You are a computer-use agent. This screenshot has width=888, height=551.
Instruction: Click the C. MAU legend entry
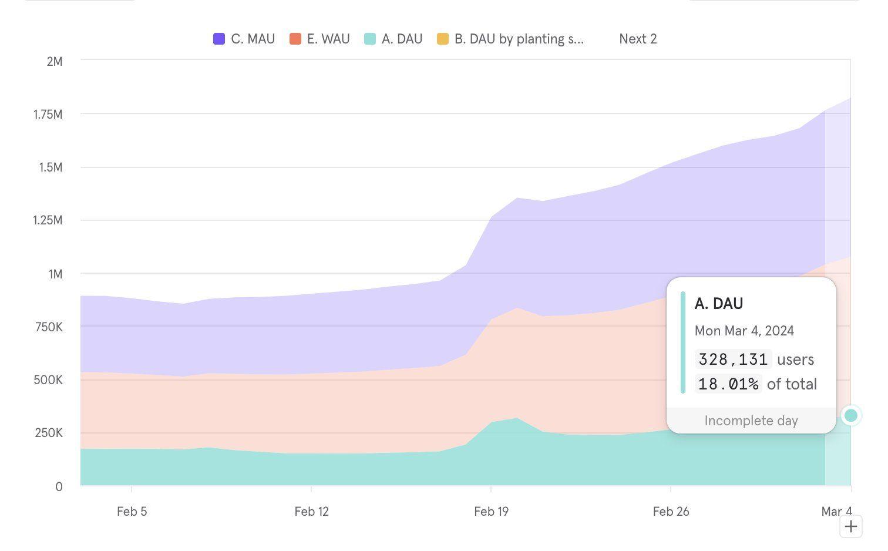click(244, 39)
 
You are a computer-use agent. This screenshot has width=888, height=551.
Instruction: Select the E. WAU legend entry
click(320, 39)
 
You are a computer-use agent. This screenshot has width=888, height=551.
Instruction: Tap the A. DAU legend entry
click(394, 39)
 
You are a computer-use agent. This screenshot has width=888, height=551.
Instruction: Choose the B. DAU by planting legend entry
click(511, 39)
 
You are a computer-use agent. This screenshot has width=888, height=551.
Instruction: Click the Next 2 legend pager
click(638, 39)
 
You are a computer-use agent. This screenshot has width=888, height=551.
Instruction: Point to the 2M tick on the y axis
click(54, 61)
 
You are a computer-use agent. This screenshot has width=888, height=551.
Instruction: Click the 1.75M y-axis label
click(48, 115)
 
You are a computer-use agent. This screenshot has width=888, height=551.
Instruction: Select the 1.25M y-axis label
click(48, 220)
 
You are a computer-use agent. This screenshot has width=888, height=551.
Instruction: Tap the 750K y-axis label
click(49, 327)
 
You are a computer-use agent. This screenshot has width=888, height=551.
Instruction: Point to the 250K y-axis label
click(49, 434)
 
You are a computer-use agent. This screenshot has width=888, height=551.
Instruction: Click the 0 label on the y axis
click(59, 487)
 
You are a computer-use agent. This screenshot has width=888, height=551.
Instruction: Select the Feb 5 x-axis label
click(132, 512)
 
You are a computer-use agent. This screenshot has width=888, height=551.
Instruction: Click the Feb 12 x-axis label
click(312, 512)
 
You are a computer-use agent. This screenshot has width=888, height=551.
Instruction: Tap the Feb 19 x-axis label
click(492, 512)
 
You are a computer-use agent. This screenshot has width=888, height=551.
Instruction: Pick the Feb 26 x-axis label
click(671, 512)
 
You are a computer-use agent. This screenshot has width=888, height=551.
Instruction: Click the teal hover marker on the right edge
click(850, 416)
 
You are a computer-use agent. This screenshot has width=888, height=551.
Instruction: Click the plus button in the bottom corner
click(850, 526)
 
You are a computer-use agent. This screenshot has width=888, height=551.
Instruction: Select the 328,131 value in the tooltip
click(733, 360)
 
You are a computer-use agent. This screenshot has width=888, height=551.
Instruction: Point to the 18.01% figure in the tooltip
click(728, 384)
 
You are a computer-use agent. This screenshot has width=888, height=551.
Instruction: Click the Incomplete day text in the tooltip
click(751, 421)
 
